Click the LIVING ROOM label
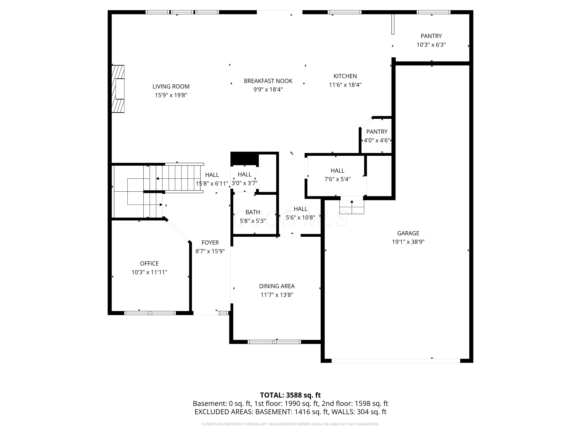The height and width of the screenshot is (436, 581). [x=171, y=86]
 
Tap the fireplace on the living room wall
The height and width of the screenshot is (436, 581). [x=118, y=89]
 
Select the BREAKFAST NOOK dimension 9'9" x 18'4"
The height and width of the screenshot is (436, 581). [x=268, y=90]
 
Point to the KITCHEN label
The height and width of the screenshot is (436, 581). [x=345, y=76]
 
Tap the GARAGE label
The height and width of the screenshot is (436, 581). [x=408, y=233]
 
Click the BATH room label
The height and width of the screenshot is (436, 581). [x=253, y=212]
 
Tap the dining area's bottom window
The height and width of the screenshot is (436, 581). [x=274, y=342]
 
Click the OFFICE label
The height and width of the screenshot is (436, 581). [x=149, y=263]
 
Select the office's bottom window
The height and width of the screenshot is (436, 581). [x=150, y=313]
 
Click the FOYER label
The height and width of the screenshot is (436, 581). [x=210, y=243]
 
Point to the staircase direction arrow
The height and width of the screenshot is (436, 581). [x=158, y=179]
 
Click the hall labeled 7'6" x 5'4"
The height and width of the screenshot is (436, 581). [x=337, y=175]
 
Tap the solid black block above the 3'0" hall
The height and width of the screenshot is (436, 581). [x=244, y=159]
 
